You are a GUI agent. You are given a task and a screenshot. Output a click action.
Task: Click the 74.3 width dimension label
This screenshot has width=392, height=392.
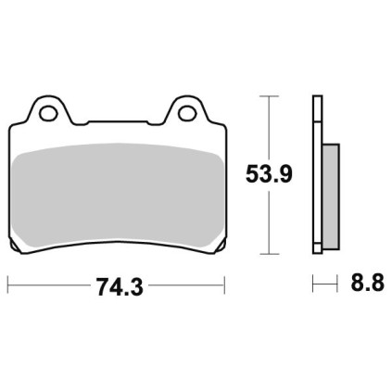click(x=120, y=286)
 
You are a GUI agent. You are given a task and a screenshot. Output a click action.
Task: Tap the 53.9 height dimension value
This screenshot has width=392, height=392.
click(x=269, y=175)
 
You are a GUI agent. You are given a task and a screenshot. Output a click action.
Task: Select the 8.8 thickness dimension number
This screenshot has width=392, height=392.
click(x=367, y=283)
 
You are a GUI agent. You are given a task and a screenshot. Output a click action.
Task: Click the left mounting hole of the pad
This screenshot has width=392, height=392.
click(x=49, y=113)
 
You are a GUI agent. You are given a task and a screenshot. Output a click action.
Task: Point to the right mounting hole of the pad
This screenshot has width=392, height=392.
click(x=188, y=113)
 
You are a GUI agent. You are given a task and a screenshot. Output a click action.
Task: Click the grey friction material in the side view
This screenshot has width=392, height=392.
click(x=331, y=196)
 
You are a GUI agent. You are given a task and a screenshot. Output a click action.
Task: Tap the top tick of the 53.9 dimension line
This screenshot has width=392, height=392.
click(x=269, y=96)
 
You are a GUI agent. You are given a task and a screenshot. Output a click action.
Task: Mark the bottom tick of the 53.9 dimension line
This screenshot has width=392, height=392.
click(x=270, y=254)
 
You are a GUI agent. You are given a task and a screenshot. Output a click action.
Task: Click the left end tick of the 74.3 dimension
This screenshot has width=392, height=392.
click(x=8, y=285)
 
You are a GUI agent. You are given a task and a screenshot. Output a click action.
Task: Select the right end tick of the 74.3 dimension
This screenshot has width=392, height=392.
click(x=224, y=285)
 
